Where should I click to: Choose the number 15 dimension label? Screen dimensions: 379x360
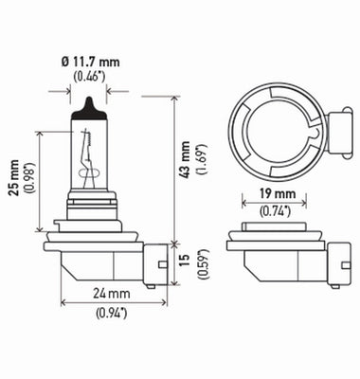pos(185,261)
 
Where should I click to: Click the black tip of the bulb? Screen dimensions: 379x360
pos(90,107)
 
